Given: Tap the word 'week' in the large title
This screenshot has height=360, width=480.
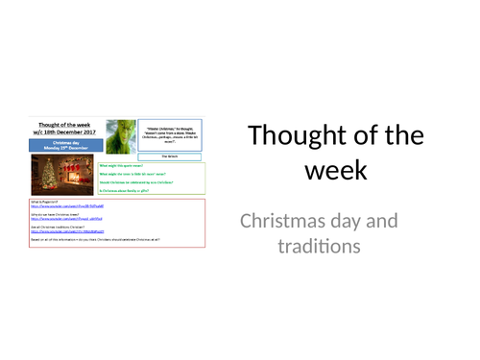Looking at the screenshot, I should pyautogui.click(x=335, y=170).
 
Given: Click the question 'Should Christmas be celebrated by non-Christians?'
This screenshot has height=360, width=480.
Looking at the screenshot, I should pyautogui.click(x=144, y=182).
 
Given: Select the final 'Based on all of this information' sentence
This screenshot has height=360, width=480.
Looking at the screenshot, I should pyautogui.click(x=96, y=240).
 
